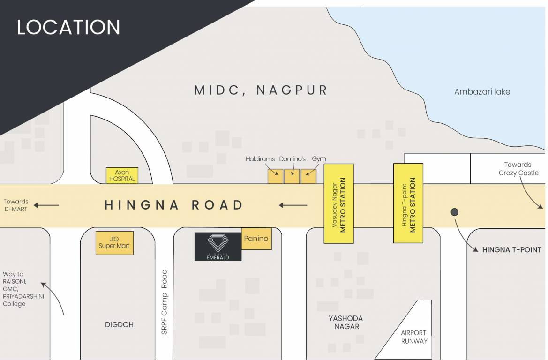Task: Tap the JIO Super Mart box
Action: (x=114, y=243)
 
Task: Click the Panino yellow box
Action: (x=256, y=239)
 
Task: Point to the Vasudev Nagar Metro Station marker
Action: (x=338, y=203)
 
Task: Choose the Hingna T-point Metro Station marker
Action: (x=408, y=203)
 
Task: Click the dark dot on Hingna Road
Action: (x=454, y=212)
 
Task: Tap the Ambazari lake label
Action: (x=482, y=92)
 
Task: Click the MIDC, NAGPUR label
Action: (x=261, y=90)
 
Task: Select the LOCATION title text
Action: (x=68, y=27)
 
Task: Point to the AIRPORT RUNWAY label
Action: (x=414, y=337)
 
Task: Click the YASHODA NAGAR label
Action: (x=345, y=322)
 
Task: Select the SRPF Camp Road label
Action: (x=164, y=301)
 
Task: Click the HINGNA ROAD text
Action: (x=174, y=205)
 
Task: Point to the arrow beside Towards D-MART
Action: (x=48, y=205)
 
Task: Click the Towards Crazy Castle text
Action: (x=518, y=169)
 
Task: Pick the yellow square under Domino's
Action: (x=292, y=176)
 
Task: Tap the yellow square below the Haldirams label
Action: (x=275, y=176)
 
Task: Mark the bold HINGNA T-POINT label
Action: (x=511, y=250)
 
